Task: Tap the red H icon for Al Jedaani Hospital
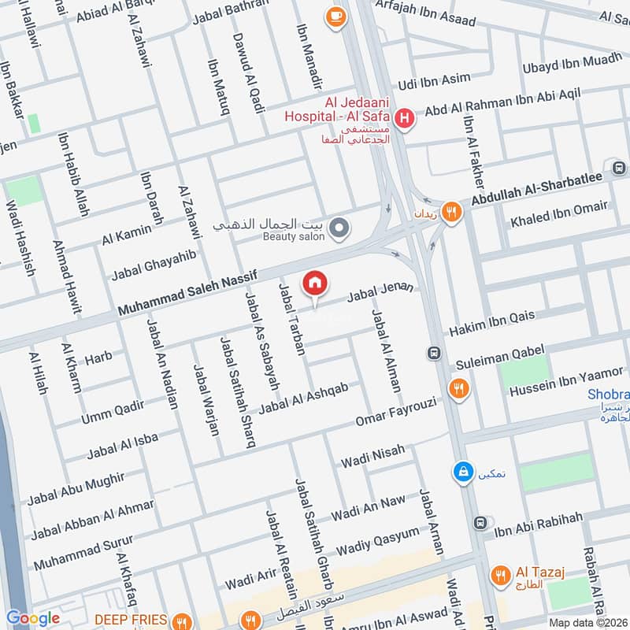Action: point(404,119)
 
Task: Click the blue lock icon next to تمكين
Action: point(464,472)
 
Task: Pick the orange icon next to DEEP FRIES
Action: point(183,620)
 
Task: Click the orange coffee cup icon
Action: point(335,16)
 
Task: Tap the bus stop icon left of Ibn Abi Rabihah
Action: point(480,523)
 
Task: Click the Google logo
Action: point(33,618)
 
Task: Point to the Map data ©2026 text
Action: point(588,622)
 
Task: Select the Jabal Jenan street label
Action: point(380,292)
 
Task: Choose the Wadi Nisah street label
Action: point(372,455)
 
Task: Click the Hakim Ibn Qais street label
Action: point(492,323)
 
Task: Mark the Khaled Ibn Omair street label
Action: point(559,213)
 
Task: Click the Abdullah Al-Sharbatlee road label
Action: point(537,190)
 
